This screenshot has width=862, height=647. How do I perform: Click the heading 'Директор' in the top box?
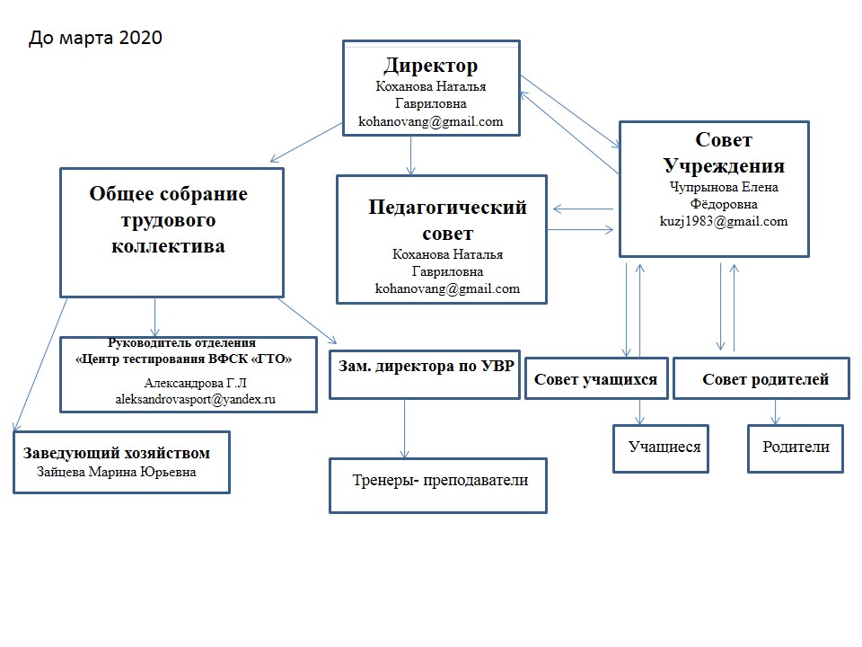(x=430, y=66)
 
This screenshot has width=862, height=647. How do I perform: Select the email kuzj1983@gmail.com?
(x=724, y=221)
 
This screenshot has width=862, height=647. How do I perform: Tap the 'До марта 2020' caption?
(x=95, y=38)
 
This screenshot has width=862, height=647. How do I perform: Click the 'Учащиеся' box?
(x=661, y=448)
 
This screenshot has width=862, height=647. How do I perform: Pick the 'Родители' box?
(x=795, y=448)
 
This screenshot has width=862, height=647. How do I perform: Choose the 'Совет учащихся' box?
(x=596, y=378)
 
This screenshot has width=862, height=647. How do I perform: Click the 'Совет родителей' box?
(x=761, y=378)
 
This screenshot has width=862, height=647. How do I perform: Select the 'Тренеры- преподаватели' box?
(x=438, y=486)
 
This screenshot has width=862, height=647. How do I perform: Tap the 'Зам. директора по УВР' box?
(x=425, y=374)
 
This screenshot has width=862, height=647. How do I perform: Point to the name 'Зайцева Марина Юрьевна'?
(x=116, y=472)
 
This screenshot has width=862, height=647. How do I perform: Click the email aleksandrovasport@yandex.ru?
(x=195, y=399)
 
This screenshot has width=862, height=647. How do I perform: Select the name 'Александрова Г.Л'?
(x=195, y=383)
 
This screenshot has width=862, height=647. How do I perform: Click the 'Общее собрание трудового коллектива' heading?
(x=168, y=219)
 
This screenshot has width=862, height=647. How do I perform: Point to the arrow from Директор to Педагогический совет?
(x=410, y=155)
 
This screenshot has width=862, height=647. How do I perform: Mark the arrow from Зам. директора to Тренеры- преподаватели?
(x=405, y=429)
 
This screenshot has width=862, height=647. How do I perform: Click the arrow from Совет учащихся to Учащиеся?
(x=639, y=412)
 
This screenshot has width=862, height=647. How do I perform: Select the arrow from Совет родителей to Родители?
(x=775, y=412)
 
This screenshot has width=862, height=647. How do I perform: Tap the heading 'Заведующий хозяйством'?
(x=116, y=453)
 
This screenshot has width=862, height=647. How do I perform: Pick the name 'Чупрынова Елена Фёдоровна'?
(x=724, y=195)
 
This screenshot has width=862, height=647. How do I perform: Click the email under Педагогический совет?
(x=447, y=288)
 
